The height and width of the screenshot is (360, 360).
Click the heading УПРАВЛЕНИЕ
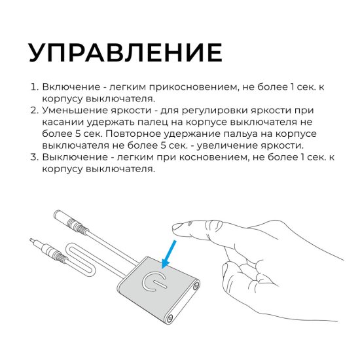[x=124, y=52]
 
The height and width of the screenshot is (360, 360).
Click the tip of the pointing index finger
[x=176, y=228]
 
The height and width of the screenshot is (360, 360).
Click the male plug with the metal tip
[x=46, y=246]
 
